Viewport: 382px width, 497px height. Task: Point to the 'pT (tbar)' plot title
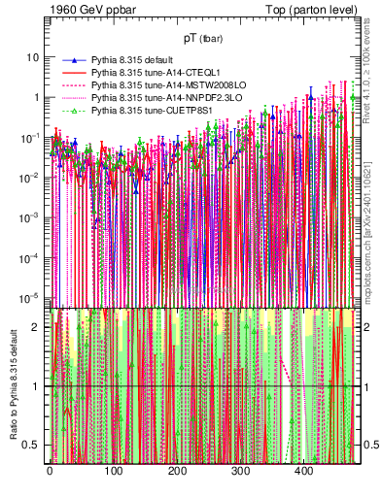[204, 38]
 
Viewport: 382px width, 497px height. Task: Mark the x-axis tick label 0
[50, 472]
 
